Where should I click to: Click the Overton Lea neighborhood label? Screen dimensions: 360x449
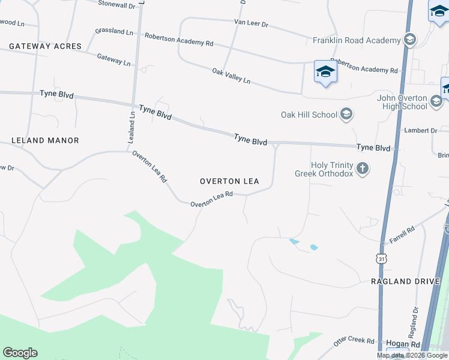[x=229, y=181]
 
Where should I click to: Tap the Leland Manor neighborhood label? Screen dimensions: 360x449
[x=45, y=140]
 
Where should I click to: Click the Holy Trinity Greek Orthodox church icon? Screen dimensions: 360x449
[x=362, y=169]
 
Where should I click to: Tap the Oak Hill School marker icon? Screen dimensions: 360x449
[x=346, y=114]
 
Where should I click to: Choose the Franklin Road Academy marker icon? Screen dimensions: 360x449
[x=411, y=40]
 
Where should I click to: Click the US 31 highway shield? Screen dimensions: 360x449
[x=381, y=258]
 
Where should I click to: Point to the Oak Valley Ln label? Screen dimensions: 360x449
[x=231, y=76]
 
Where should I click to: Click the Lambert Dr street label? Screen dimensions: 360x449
[x=421, y=130]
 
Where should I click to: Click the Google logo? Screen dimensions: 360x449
[x=20, y=353]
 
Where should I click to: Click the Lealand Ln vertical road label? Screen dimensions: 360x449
[x=131, y=127]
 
